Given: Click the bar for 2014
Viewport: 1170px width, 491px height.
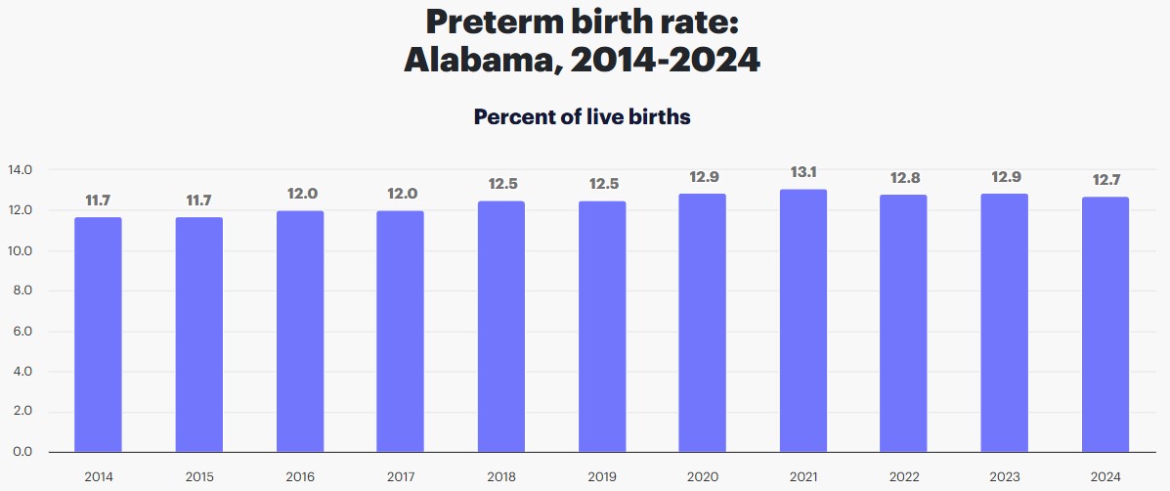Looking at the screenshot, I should click(98, 335).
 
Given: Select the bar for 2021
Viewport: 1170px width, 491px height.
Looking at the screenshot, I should click(803, 321).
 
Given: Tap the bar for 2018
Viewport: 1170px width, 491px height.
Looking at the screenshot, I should click(501, 327).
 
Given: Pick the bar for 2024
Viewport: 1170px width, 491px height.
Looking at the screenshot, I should click(1105, 325).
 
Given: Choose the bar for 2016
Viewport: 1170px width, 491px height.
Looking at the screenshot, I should click(300, 332).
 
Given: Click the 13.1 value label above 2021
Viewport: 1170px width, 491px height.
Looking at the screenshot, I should click(803, 172).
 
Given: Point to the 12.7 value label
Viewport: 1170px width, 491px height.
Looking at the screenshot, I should click(1105, 180).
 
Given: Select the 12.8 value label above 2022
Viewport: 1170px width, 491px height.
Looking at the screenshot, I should click(904, 178).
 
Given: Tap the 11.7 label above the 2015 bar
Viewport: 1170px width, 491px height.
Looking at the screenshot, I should click(199, 201).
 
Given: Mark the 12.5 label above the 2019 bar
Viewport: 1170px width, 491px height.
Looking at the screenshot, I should click(602, 184).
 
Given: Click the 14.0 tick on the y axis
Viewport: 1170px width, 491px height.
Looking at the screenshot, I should click(21, 170).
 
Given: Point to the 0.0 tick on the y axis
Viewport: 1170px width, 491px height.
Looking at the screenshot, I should click(21, 452).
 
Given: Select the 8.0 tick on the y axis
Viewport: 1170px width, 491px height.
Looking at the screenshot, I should click(21, 291).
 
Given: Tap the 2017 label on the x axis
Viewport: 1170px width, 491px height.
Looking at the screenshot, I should click(401, 476).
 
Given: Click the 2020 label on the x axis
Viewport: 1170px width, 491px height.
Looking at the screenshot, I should click(703, 476).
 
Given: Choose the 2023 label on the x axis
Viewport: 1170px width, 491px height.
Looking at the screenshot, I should click(1005, 476).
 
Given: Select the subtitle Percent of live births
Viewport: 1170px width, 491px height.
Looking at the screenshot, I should click(583, 117).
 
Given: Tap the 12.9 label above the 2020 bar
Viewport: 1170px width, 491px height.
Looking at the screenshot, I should click(703, 176).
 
